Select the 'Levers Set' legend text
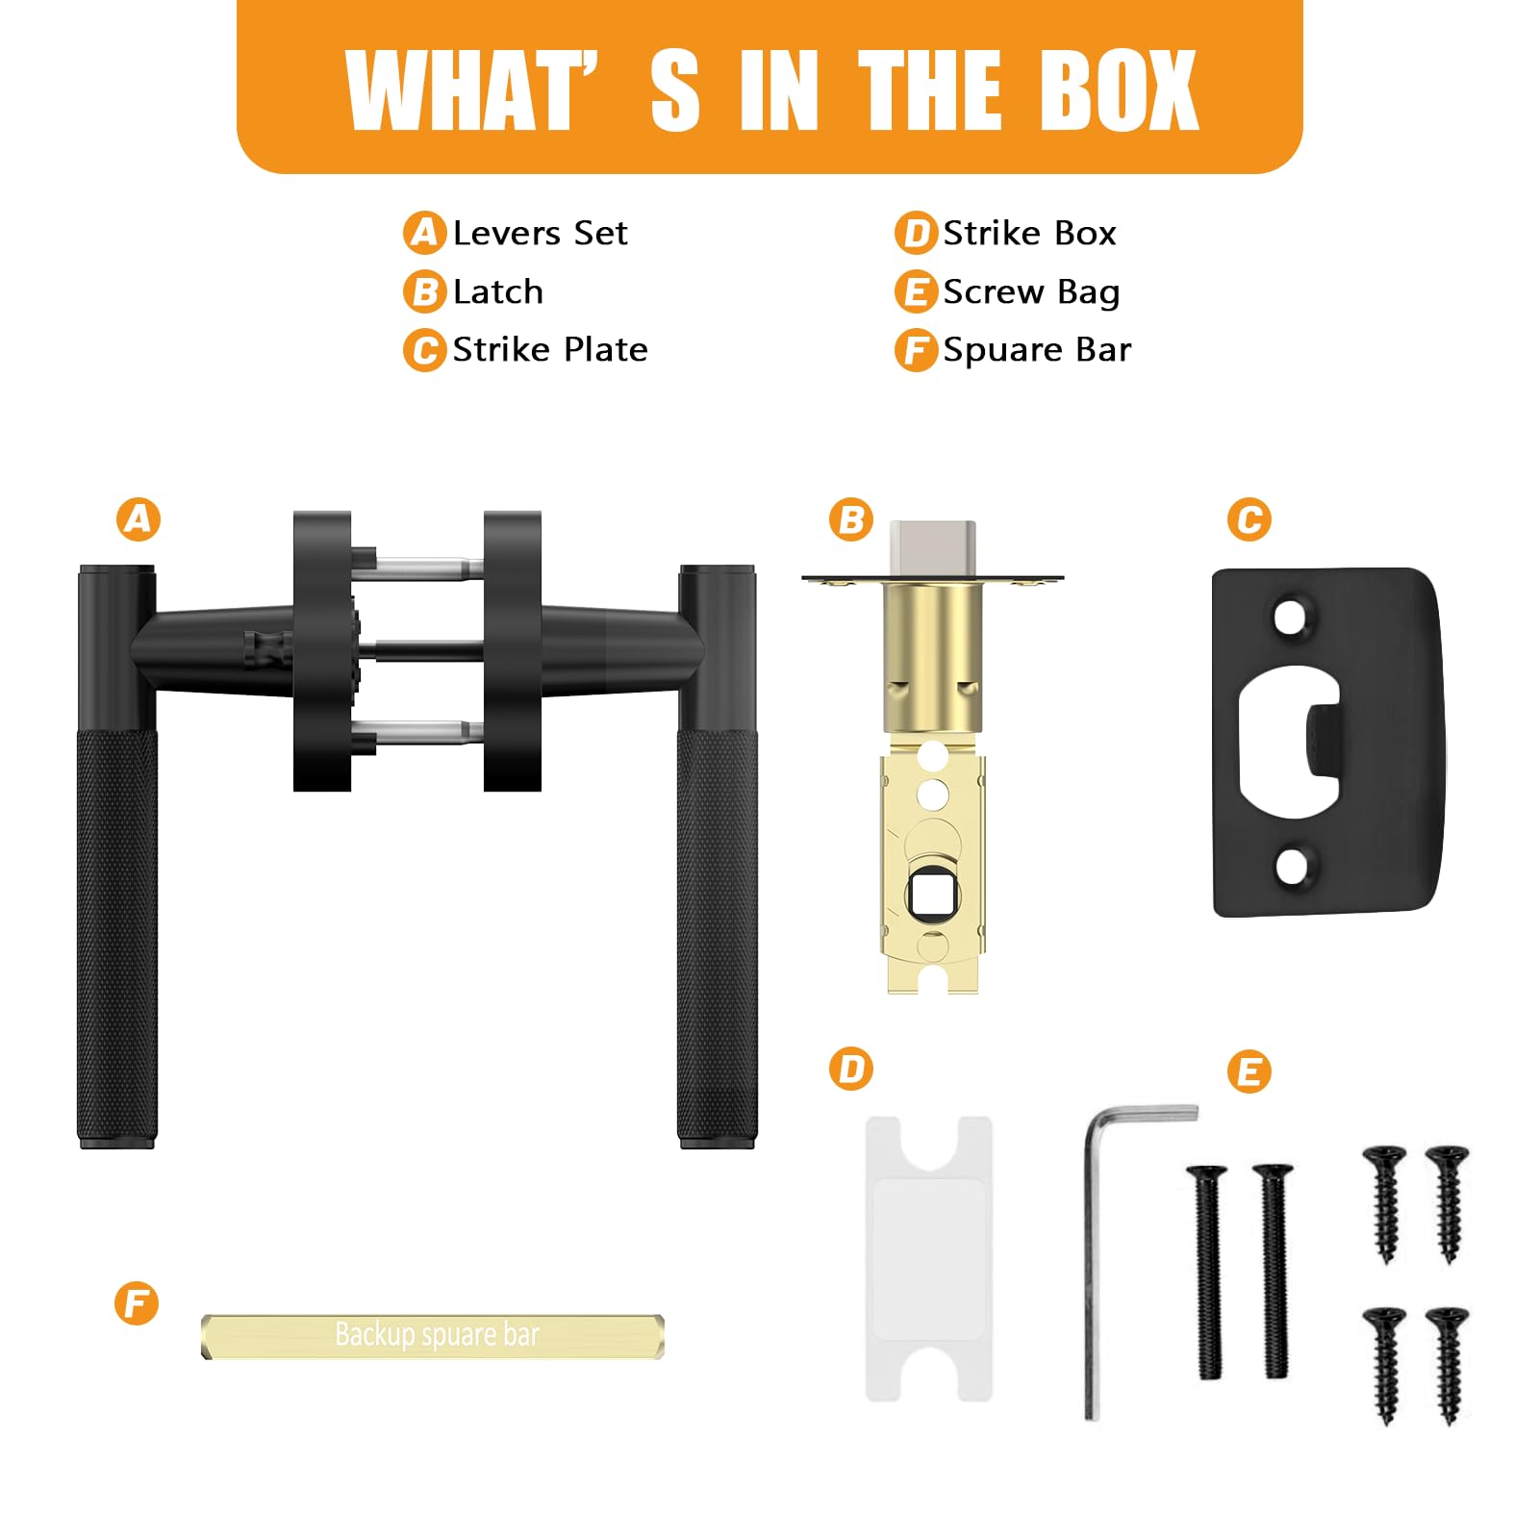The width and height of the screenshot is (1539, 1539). pos(540,233)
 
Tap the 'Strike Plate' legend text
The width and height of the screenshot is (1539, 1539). pos(550,349)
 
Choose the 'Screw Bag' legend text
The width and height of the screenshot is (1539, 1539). pos(1031,291)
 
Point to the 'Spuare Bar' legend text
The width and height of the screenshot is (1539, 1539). pos(1037,350)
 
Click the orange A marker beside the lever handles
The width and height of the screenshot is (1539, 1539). pos(139,519)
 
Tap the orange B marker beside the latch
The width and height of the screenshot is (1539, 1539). pos(851,519)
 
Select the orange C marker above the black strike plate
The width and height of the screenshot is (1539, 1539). pos(1249,519)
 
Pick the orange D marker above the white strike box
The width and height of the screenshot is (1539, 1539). pos(851,1069)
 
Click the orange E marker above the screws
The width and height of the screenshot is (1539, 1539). pos(1249,1072)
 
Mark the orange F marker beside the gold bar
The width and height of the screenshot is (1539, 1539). pos(137,1303)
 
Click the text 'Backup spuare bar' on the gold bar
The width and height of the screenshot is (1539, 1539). pos(437,1335)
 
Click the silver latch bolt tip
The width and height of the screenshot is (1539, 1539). pos(932,548)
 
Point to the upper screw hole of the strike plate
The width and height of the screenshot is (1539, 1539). pos(1291,617)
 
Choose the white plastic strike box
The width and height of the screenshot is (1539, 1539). pos(929,1258)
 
